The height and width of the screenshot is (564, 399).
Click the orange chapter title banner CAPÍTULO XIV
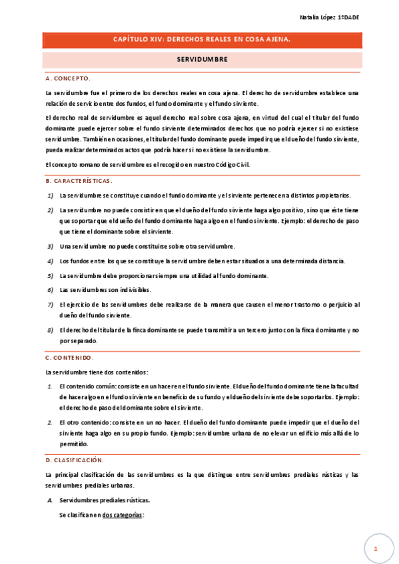click(x=202, y=41)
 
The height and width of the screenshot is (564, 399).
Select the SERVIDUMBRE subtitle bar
click(x=202, y=59)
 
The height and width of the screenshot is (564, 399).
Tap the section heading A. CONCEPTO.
click(x=68, y=78)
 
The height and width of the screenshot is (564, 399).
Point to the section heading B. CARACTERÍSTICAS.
click(x=79, y=181)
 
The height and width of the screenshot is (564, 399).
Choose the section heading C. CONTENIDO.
click(x=70, y=358)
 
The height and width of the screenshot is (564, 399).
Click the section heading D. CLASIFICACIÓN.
click(x=75, y=460)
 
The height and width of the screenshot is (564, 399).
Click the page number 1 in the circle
click(x=376, y=549)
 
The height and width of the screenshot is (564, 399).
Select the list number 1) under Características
click(x=51, y=196)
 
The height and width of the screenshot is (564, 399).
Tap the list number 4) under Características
click(x=51, y=261)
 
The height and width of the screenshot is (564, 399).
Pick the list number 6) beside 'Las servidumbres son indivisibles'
click(x=51, y=290)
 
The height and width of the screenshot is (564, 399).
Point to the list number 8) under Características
click(x=51, y=330)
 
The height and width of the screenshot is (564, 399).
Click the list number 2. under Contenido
click(x=50, y=422)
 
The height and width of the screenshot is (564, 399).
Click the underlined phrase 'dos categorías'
click(x=123, y=515)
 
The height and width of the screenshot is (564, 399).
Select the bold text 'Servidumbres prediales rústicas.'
click(x=105, y=500)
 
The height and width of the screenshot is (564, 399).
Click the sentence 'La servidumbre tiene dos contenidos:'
click(x=97, y=372)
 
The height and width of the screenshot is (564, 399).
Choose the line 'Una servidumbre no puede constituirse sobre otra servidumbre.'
click(x=147, y=246)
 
